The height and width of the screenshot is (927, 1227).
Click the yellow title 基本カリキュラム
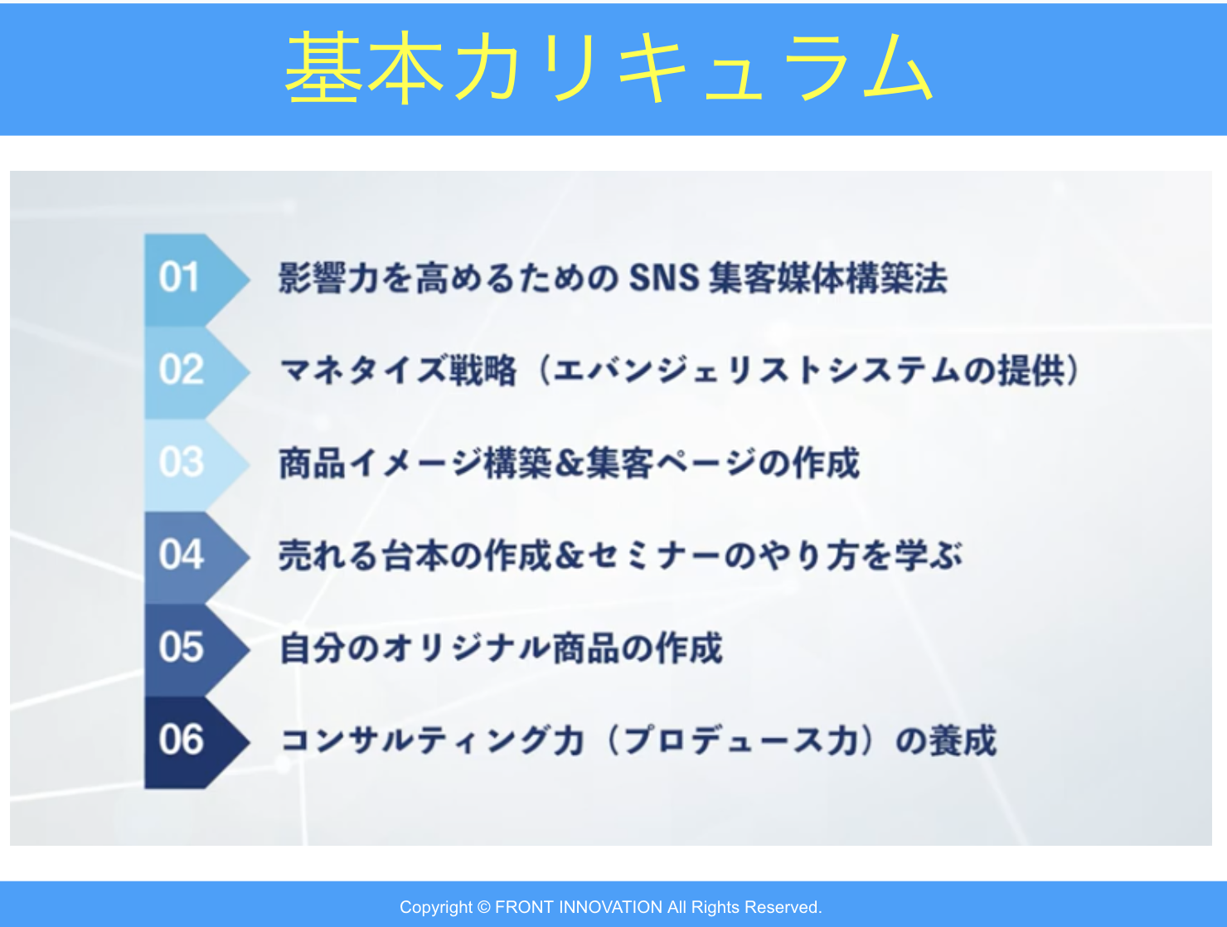click(x=609, y=67)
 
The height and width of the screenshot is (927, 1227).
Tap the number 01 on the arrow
click(x=179, y=277)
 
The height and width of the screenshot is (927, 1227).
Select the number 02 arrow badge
click(x=196, y=371)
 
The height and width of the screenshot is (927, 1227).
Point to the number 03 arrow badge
click(x=196, y=463)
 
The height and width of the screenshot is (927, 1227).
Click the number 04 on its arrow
click(x=181, y=555)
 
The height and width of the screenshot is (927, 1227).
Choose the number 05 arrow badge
click(x=196, y=649)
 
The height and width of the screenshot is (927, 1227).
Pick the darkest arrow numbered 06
click(x=196, y=742)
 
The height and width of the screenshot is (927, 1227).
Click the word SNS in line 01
click(x=664, y=277)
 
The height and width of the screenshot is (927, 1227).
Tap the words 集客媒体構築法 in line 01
click(x=828, y=278)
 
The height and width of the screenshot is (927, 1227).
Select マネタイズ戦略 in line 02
click(x=398, y=370)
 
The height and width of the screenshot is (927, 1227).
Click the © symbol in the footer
click(x=484, y=907)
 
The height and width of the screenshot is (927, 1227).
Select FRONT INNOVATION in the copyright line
click(x=579, y=907)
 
